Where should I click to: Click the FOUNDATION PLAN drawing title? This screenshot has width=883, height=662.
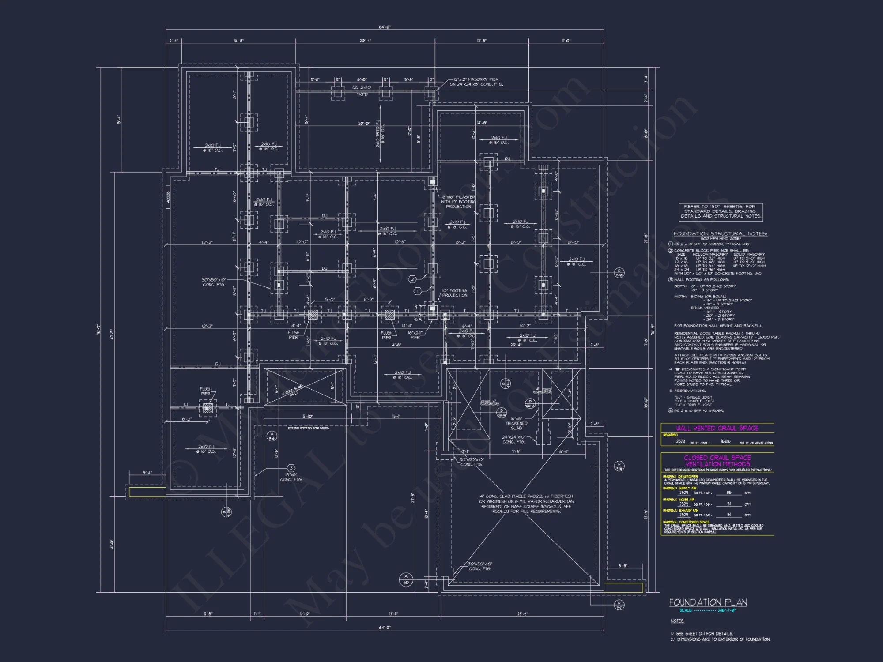[708, 602]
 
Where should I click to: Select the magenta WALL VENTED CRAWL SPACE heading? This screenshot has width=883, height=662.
[717, 428]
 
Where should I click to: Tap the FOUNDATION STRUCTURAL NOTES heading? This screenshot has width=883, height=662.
[720, 233]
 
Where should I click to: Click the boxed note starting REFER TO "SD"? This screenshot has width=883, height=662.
[721, 211]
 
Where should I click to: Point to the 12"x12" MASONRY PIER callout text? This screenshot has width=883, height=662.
[476, 82]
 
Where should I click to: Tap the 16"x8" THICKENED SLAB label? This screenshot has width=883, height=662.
[516, 423]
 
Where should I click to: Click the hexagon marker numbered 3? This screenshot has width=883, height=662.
[291, 468]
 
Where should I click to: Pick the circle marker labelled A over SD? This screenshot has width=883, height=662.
[406, 579]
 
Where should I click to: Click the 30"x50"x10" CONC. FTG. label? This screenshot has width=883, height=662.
[214, 282]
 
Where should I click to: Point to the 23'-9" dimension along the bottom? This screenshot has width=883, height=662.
[522, 614]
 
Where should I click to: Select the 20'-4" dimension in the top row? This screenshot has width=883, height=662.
[365, 41]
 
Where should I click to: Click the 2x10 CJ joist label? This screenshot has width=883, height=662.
[206, 449]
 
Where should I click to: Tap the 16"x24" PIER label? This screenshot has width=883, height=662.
[415, 335]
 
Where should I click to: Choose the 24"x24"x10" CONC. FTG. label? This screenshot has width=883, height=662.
[513, 439]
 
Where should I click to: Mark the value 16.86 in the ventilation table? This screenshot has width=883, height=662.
[725, 441]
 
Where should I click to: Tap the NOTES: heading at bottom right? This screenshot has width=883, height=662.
[677, 621]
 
